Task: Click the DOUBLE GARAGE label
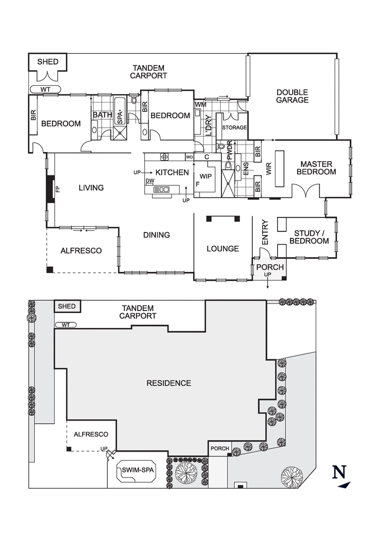coord(292,96)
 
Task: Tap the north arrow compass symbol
coord(340,476)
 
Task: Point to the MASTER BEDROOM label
coord(318,168)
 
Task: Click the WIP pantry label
coord(206,176)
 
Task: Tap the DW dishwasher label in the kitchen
coord(150,181)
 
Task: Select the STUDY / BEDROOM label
coord(311,237)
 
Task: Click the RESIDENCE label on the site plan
coord(169,383)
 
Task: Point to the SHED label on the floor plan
coord(47,62)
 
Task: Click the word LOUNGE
coord(223,249)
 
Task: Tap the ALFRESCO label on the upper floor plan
coord(81,251)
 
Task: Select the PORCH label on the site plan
coord(219,448)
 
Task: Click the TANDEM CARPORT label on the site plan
coord(138,312)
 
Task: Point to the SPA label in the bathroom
coord(120,115)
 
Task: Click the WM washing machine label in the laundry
coord(200,104)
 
